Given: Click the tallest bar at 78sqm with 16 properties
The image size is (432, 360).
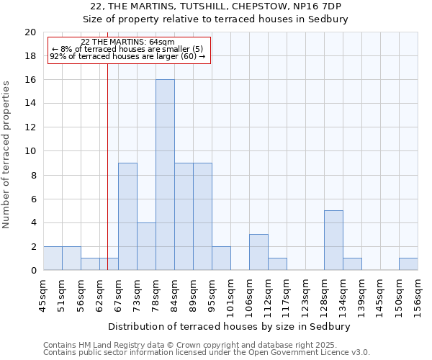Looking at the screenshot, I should tap(165, 175).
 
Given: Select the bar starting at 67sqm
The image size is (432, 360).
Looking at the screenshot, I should tap(127, 217).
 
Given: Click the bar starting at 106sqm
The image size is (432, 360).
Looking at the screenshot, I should tap(258, 252).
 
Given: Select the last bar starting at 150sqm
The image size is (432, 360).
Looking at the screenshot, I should tap(408, 264).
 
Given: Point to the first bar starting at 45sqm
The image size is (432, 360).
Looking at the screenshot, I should tap(53, 258).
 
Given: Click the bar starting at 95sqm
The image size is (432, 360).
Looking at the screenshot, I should tap(221, 258).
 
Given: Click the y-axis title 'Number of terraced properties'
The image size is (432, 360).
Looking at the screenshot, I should tap(7, 155).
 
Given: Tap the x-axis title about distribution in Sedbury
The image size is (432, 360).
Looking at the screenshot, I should tap(233, 326).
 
